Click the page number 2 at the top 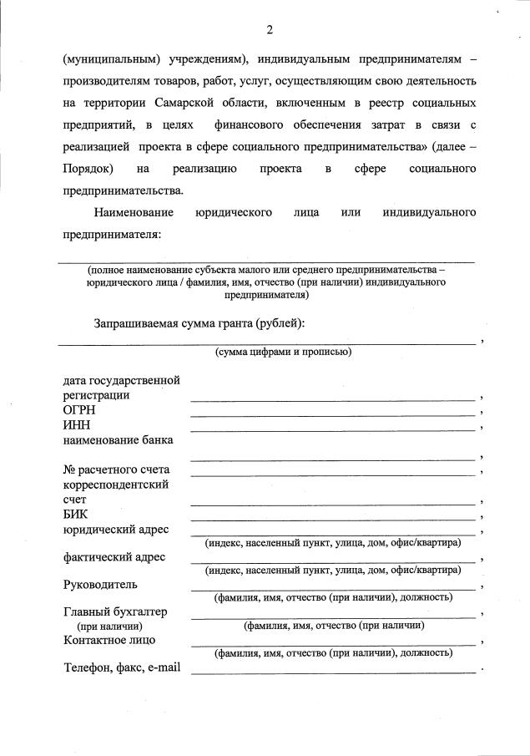270,30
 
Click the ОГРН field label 79,410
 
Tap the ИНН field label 77,425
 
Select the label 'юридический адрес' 116,530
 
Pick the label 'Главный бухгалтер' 115,611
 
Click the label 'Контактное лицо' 109,640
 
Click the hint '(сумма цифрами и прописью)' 283,352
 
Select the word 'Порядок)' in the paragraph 87,169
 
